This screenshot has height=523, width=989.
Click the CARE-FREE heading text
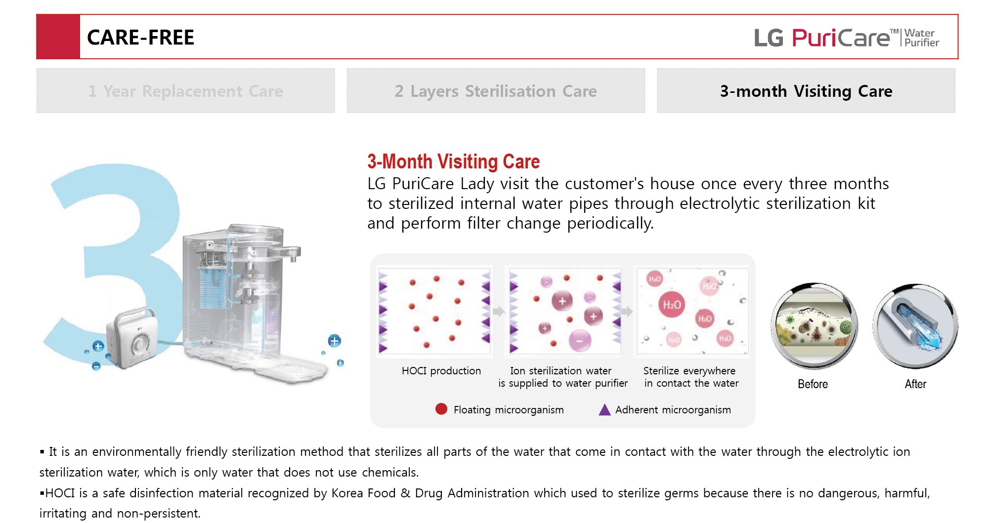(140, 38)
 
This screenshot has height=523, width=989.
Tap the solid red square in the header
(58, 37)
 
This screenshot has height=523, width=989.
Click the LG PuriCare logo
(846, 38)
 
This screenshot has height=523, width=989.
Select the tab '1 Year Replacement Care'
(185, 91)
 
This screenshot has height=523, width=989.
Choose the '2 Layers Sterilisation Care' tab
(495, 91)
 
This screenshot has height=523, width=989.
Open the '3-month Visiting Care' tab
(806, 91)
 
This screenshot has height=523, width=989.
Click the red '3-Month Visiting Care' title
(453, 161)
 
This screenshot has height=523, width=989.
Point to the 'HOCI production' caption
(441, 371)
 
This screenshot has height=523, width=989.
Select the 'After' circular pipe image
(915, 326)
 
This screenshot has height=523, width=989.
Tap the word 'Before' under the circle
(813, 384)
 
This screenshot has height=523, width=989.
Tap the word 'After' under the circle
(915, 384)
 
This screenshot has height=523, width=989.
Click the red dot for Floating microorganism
(441, 409)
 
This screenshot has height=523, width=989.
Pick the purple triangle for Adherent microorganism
(604, 410)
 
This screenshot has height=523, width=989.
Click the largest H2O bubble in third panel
(672, 305)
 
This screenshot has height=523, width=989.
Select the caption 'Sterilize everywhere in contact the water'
(691, 377)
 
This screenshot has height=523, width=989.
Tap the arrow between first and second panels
(498, 312)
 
